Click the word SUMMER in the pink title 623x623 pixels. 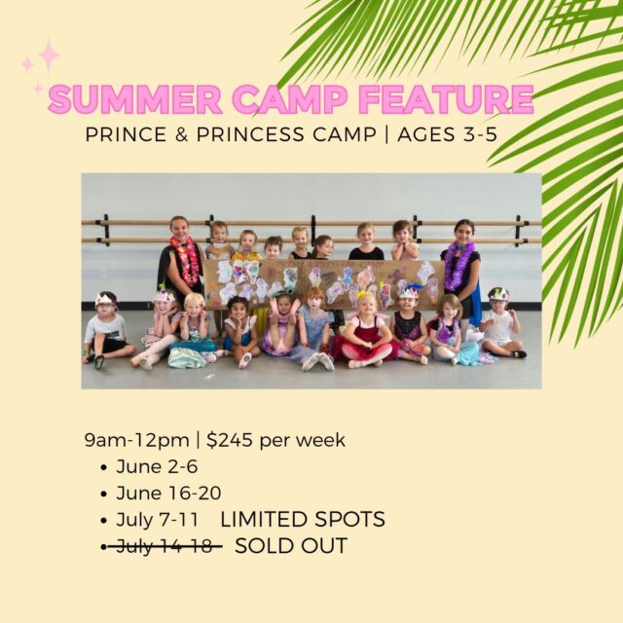click(135, 98)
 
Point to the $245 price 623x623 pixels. click(230, 440)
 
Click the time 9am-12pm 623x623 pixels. click(136, 441)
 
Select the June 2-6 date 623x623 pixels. click(157, 466)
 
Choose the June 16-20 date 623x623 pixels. click(168, 494)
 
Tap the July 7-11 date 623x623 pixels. click(157, 520)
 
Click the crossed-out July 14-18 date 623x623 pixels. click(165, 546)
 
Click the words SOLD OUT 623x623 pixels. click(291, 546)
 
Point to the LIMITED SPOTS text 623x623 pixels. click(303, 519)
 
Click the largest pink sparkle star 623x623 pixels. click(49, 55)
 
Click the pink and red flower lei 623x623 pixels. click(186, 260)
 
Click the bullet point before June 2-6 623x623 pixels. click(104, 467)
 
